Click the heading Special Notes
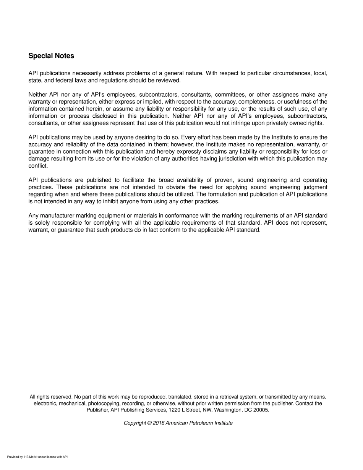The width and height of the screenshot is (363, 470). [x=51, y=56]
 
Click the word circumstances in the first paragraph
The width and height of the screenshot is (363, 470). [x=292, y=73]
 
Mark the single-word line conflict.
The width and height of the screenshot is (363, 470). [x=38, y=166]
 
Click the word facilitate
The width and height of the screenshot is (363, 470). [x=131, y=180]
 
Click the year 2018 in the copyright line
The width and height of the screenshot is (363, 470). [x=158, y=423]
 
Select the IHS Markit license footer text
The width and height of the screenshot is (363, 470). [x=37, y=457]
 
